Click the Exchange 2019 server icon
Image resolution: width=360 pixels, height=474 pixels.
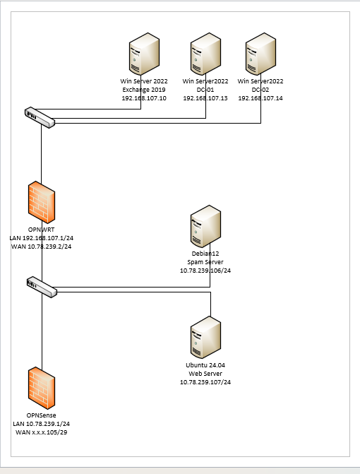pyautogui.click(x=144, y=54)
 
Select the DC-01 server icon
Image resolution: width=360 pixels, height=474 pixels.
pyautogui.click(x=205, y=54)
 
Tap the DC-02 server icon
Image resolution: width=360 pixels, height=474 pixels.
pyautogui.click(x=260, y=54)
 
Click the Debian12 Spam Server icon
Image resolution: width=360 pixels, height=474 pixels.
pyautogui.click(x=205, y=226)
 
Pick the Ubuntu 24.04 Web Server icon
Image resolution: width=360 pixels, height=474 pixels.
pyautogui.click(x=205, y=338)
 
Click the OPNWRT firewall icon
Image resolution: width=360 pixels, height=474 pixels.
pyautogui.click(x=42, y=202)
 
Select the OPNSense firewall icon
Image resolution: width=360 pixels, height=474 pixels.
pyautogui.click(x=42, y=388)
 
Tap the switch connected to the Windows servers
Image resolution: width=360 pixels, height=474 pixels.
pyautogui.click(x=40, y=117)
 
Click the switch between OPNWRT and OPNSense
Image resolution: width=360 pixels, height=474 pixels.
pyautogui.click(x=42, y=287)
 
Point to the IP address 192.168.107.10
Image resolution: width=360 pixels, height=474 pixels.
pyautogui.click(x=144, y=98)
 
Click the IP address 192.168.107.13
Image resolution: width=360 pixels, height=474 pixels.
pyautogui.click(x=205, y=98)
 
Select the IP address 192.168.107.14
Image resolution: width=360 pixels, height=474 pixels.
pyautogui.click(x=260, y=98)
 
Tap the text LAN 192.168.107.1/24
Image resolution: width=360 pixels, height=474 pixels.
pyautogui.click(x=42, y=238)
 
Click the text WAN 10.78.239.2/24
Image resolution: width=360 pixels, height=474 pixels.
pyautogui.click(x=42, y=247)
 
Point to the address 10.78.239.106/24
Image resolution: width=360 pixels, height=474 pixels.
pyautogui.click(x=205, y=271)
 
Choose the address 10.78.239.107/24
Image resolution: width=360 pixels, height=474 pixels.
pyautogui.click(x=205, y=382)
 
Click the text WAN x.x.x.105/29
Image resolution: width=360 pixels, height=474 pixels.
pyautogui.click(x=42, y=432)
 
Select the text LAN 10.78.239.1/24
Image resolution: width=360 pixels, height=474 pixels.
pyautogui.click(x=42, y=424)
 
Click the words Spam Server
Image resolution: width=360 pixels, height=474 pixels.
pyautogui.click(x=205, y=262)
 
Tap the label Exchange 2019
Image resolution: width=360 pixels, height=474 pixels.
pyautogui.click(x=144, y=90)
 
